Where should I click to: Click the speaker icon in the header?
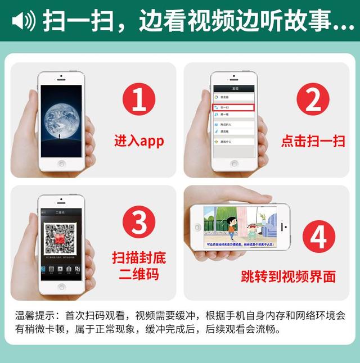[x=23, y=21]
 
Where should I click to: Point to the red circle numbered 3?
[x=138, y=223]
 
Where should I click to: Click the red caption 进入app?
[x=139, y=140]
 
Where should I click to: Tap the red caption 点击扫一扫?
[x=313, y=140]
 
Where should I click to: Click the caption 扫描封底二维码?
[x=139, y=266]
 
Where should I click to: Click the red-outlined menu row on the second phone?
[x=233, y=107]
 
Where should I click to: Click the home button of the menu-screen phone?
[x=233, y=164]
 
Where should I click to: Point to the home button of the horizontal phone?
[x=197, y=227]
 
